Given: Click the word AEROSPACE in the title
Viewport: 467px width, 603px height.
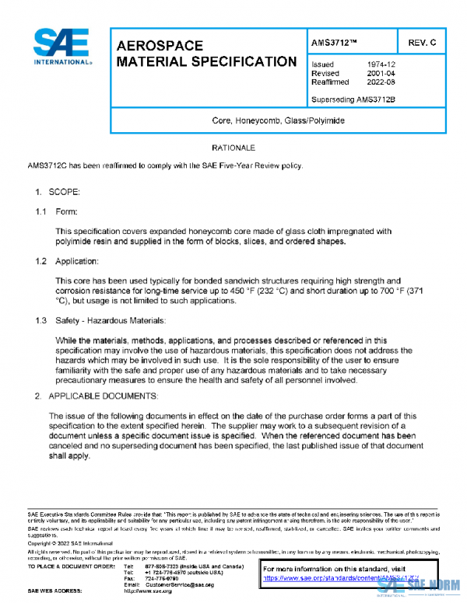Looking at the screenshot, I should (160, 46).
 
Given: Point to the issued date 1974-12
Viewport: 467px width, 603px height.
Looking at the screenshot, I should (382, 64).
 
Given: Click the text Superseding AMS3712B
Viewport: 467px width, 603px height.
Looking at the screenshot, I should (353, 99).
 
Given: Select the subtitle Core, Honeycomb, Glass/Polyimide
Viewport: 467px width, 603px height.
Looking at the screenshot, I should (278, 121).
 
